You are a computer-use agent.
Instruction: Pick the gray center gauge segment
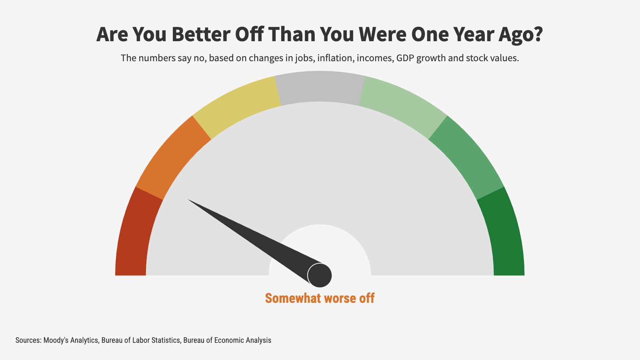(x=320, y=86)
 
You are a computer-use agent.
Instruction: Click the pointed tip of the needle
(x=189, y=200)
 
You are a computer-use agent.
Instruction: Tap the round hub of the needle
(x=320, y=275)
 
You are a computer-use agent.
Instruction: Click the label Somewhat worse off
(x=320, y=298)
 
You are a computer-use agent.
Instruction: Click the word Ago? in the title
(x=520, y=34)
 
